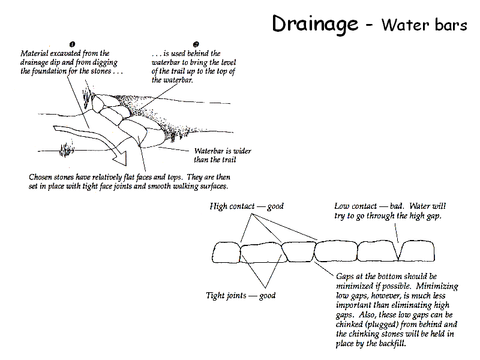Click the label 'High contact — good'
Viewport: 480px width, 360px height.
tap(247, 206)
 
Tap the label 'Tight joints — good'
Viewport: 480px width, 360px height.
tap(241, 295)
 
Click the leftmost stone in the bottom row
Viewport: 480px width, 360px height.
tap(226, 253)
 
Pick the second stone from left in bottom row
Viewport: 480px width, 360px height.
tap(260, 253)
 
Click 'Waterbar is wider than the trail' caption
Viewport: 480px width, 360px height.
tap(222, 155)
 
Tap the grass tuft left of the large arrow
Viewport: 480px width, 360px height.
tap(65, 148)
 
